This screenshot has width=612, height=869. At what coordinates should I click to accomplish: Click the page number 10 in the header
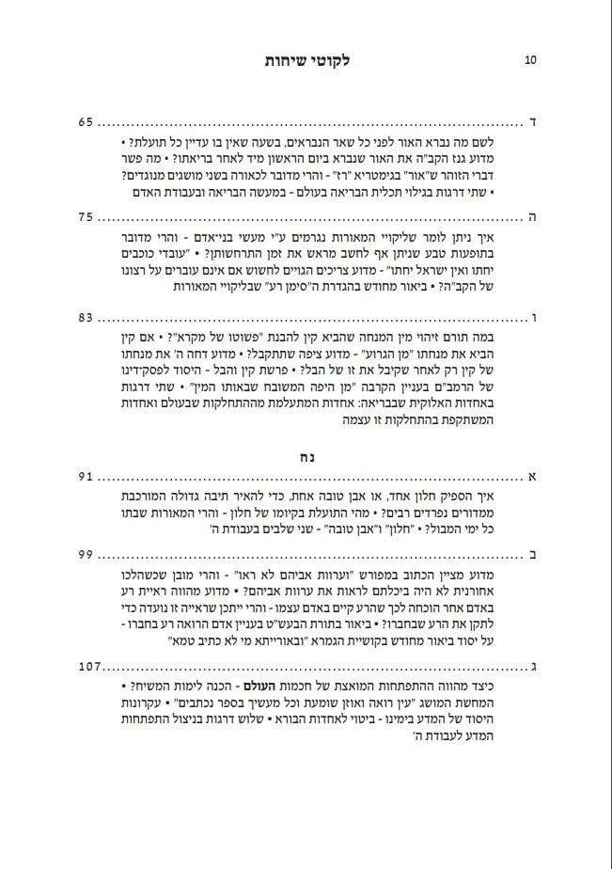[530, 60]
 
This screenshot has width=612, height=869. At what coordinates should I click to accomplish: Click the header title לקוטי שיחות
[306, 60]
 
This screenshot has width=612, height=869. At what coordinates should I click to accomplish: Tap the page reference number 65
[86, 122]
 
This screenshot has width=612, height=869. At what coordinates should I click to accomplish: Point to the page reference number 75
[86, 215]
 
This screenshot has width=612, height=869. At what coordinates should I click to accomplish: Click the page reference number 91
[86, 477]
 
